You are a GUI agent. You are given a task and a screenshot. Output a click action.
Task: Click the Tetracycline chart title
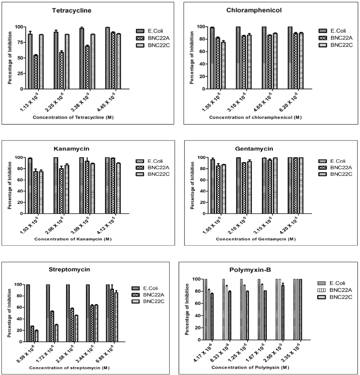tap(72, 10)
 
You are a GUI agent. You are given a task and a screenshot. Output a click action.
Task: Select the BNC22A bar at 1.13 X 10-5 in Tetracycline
tap(36, 72)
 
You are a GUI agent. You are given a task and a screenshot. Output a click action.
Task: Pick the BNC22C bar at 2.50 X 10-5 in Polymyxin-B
tap(283, 313)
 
